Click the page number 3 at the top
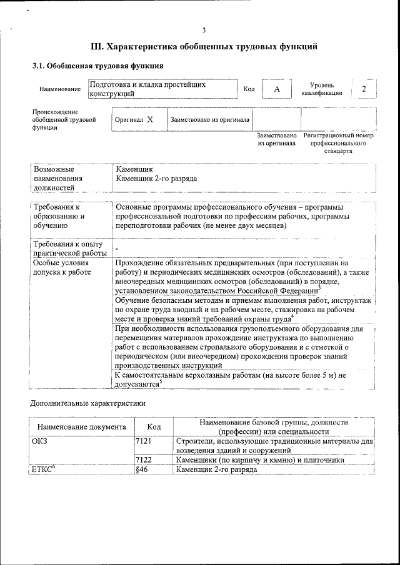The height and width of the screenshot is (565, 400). coord(204,31)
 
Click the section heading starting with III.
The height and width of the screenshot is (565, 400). coord(204,47)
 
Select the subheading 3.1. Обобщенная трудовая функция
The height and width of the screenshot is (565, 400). coord(98,66)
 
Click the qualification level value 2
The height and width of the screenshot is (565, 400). coord(363,89)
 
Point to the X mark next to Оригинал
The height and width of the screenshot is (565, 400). coord(150,119)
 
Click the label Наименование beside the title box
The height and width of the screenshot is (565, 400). coord(59,89)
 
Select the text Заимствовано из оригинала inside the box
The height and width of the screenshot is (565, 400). coord(210,119)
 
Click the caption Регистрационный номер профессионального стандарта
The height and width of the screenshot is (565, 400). coord(338,143)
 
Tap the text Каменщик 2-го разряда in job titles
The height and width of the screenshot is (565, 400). coord(156,179)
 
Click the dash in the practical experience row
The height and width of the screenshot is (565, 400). coord(117,249)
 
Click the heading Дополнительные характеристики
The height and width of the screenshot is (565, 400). coord(88,403)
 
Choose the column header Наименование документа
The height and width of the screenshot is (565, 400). coord(81,427)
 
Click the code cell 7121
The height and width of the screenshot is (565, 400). coord(144,441)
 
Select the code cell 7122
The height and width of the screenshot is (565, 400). coord(144,460)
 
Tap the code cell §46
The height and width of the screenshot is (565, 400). coord(141,470)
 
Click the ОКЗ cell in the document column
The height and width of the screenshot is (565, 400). coord(39,441)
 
